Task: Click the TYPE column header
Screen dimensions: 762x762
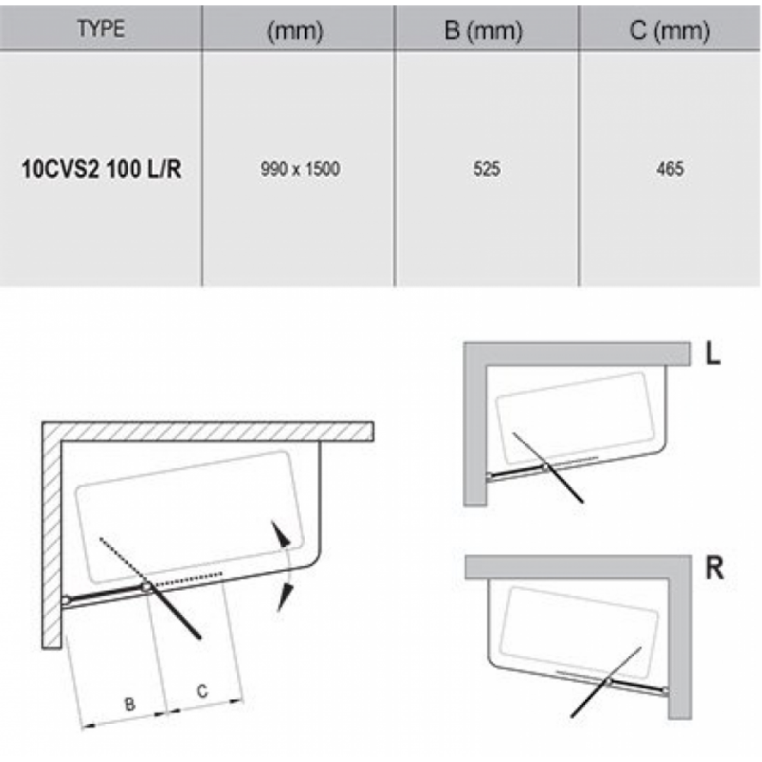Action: tap(101, 29)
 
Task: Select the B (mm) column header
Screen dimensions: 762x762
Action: tap(484, 30)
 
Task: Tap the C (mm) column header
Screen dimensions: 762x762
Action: tap(670, 30)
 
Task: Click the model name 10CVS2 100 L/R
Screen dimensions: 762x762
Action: tap(101, 169)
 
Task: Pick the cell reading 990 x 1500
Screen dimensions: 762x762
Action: tap(300, 169)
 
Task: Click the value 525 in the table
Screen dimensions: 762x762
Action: tap(486, 169)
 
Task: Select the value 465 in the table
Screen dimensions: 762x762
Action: tap(670, 169)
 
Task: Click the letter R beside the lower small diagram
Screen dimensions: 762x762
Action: tap(715, 568)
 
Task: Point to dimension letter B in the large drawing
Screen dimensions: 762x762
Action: tap(130, 704)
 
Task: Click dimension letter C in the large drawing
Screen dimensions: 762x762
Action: tap(202, 691)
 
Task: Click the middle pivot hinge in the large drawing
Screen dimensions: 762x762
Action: tap(147, 587)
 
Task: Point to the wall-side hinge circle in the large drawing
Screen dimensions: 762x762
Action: tap(66, 600)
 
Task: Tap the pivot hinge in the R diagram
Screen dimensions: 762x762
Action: tap(608, 682)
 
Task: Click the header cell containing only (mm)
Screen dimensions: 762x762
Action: tap(295, 31)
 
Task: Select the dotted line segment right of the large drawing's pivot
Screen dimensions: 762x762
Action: tap(187, 579)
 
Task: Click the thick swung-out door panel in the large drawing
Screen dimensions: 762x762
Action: tap(174, 613)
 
